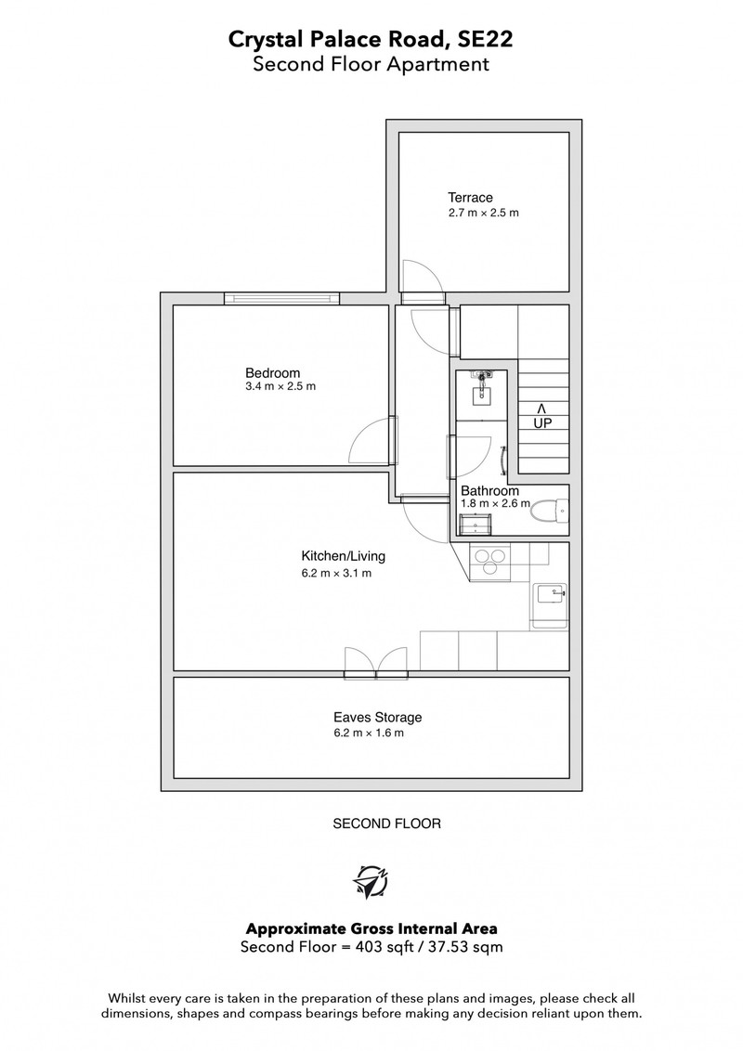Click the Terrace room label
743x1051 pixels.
coord(470,198)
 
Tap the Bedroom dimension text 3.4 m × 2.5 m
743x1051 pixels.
coord(280,387)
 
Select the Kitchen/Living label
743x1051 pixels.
coord(344,555)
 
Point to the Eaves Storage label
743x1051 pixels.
coord(378,717)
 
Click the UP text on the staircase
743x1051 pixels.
coord(542,423)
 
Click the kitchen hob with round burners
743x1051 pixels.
coord(490,562)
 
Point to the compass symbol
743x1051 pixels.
coord(371,881)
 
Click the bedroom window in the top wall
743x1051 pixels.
coord(281,298)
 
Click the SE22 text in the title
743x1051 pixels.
coord(485,39)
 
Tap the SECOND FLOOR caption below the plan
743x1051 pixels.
coord(387,824)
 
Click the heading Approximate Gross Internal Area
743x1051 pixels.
coord(371,929)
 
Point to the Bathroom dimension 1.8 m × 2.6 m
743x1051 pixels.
coord(496,503)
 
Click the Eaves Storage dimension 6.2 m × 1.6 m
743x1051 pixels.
coord(369,733)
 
